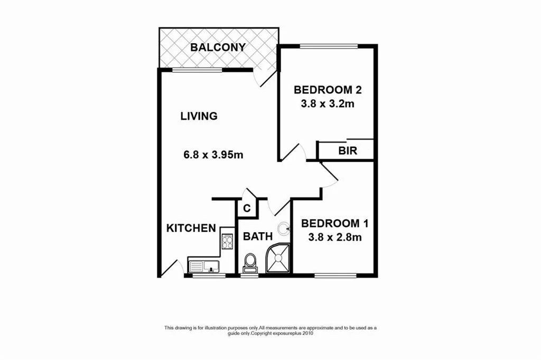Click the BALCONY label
tap(218, 48)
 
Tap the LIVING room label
tap(199, 116)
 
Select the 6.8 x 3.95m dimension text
tap(212, 155)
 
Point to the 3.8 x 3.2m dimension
tap(327, 104)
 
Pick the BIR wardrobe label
tap(348, 151)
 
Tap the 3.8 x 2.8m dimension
tap(334, 238)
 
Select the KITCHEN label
tap(191, 228)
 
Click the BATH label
tap(257, 237)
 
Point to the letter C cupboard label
tap(247, 209)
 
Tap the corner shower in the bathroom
tap(278, 258)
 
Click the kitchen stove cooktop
tap(227, 242)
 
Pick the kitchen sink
tap(203, 266)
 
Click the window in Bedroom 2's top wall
tap(329, 46)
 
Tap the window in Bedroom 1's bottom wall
tap(336, 274)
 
